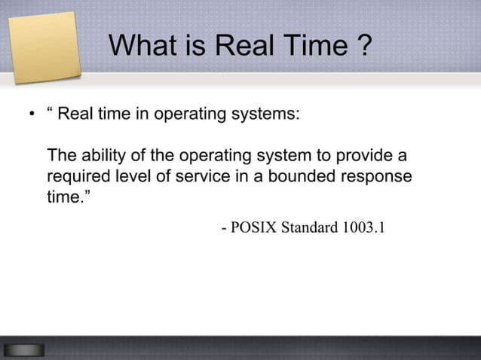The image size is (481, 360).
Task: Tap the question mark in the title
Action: click(363, 46)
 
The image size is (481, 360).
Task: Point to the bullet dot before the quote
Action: click(32, 115)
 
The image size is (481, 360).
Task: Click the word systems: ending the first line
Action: click(268, 114)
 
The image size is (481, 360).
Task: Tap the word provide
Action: click(366, 156)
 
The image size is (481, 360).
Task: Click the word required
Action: click(76, 176)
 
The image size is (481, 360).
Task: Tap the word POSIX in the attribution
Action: click(253, 227)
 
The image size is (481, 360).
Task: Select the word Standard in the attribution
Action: click(309, 227)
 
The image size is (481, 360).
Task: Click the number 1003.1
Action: click(363, 227)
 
